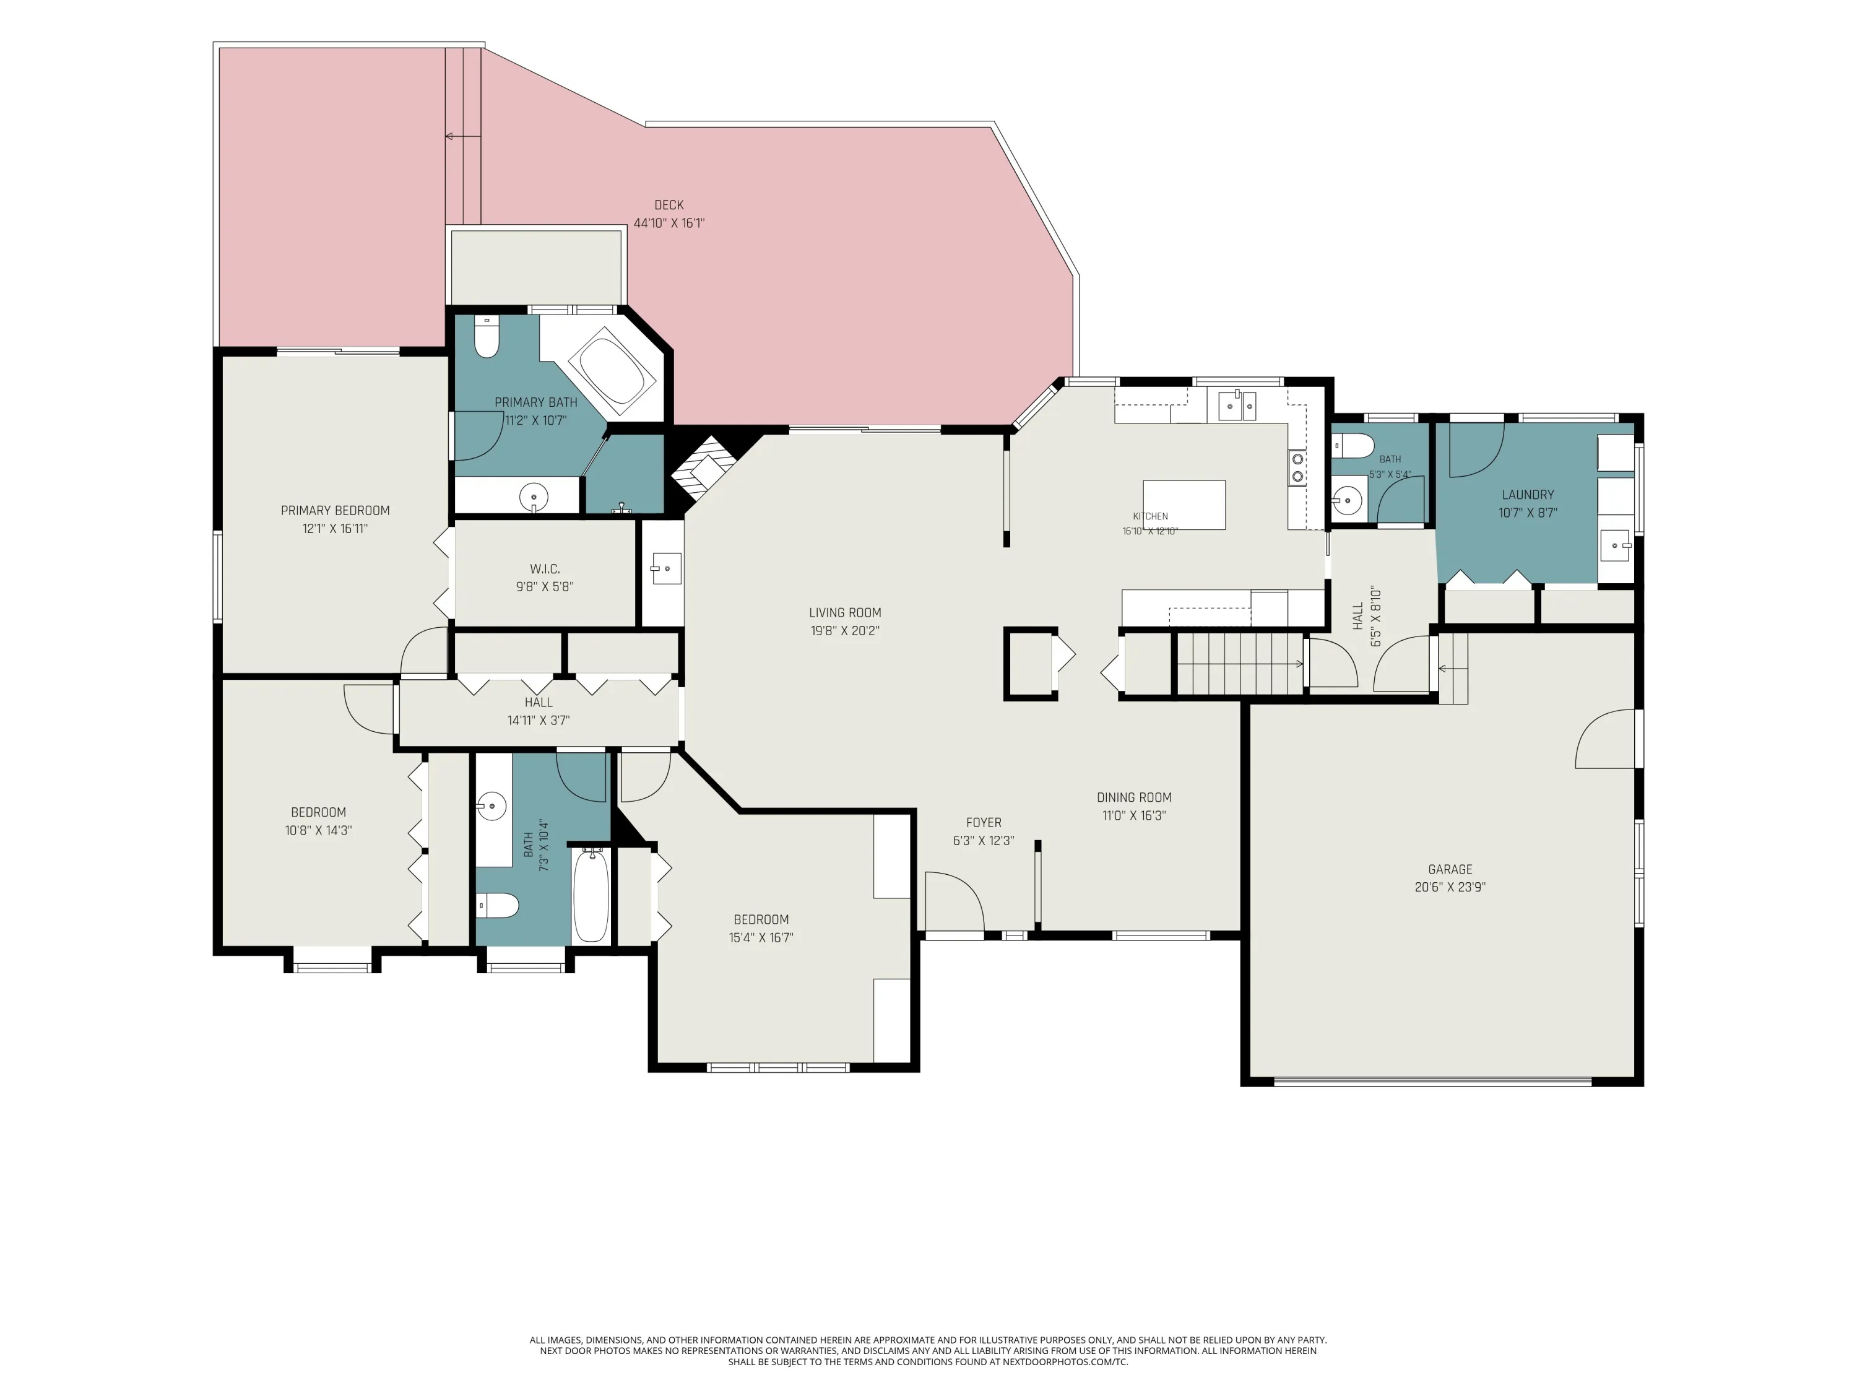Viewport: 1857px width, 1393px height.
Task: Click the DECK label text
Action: pyautogui.click(x=669, y=205)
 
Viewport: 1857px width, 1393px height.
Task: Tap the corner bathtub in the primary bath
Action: pyautogui.click(x=612, y=370)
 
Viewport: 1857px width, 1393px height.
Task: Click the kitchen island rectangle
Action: pyautogui.click(x=1184, y=505)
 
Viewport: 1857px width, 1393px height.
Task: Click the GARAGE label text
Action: pyautogui.click(x=1450, y=869)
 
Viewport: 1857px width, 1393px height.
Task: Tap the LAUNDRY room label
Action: pyautogui.click(x=1528, y=495)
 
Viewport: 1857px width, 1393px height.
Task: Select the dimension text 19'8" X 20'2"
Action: pyautogui.click(x=844, y=631)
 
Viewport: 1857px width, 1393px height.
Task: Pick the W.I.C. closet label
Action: pyautogui.click(x=545, y=570)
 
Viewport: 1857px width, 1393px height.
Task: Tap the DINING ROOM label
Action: pyautogui.click(x=1134, y=797)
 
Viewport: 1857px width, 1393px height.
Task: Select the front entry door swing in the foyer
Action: pyautogui.click(x=954, y=901)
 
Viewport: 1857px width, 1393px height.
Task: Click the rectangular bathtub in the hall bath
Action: pyautogui.click(x=591, y=895)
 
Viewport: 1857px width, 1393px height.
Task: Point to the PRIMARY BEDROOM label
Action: pyautogui.click(x=335, y=511)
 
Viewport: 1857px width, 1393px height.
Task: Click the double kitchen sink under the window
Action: pyautogui.click(x=1237, y=406)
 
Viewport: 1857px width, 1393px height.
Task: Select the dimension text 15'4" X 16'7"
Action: pyautogui.click(x=761, y=938)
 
